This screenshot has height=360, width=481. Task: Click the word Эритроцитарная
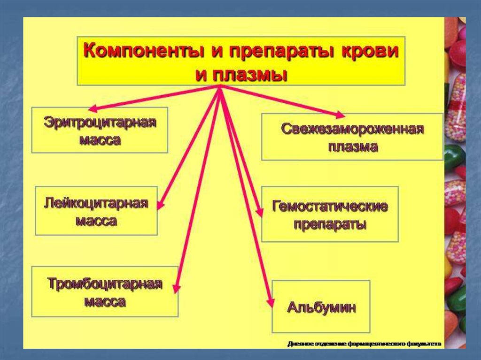pyautogui.click(x=100, y=123)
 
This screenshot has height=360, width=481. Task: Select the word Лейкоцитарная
pyautogui.click(x=96, y=204)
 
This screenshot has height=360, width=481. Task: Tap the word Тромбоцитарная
pyautogui.click(x=105, y=284)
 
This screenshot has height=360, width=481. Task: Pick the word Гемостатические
pyautogui.click(x=330, y=207)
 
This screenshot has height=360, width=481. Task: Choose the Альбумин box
pyautogui.click(x=321, y=307)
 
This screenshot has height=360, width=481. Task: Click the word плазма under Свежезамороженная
pyautogui.click(x=353, y=146)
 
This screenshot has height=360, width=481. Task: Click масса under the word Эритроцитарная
pyautogui.click(x=100, y=140)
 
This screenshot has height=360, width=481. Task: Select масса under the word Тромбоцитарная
pyautogui.click(x=105, y=301)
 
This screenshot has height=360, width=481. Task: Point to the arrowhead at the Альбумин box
pyautogui.click(x=270, y=303)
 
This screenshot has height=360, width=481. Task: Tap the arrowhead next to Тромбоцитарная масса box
pyautogui.click(x=176, y=287)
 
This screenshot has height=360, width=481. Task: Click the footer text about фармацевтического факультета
pyautogui.click(x=365, y=344)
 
